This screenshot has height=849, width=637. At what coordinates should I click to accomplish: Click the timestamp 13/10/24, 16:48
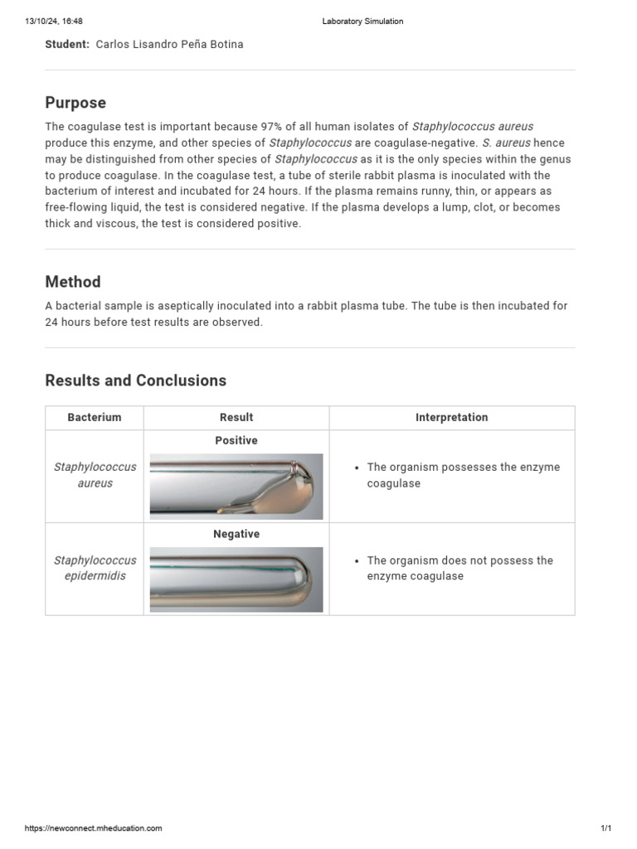pyautogui.click(x=54, y=22)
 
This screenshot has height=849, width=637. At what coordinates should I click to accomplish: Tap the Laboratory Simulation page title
pyautogui.click(x=362, y=22)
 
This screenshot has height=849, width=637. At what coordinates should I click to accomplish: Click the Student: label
pyautogui.click(x=67, y=45)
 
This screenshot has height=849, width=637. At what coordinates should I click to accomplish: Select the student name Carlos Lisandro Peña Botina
pyautogui.click(x=170, y=45)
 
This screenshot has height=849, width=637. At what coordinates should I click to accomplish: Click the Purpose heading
pyautogui.click(x=75, y=103)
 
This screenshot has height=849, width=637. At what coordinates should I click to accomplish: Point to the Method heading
pyautogui.click(x=73, y=282)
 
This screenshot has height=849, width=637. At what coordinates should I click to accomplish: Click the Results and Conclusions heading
pyautogui.click(x=135, y=381)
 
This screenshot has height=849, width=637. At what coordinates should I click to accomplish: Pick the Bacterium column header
pyautogui.click(x=95, y=418)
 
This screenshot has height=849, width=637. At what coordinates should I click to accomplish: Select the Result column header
pyautogui.click(x=236, y=418)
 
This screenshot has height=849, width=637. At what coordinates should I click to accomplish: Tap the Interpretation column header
pyautogui.click(x=451, y=418)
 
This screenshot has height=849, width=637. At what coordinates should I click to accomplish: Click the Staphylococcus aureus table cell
pyautogui.click(x=95, y=475)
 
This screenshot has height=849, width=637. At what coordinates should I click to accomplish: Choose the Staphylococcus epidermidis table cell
pyautogui.click(x=95, y=568)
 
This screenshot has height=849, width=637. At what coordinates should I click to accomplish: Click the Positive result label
pyautogui.click(x=236, y=440)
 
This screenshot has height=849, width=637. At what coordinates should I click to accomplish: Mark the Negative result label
pyautogui.click(x=236, y=534)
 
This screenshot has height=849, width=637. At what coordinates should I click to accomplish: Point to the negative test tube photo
pyautogui.click(x=236, y=579)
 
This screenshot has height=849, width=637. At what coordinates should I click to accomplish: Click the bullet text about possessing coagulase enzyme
pyautogui.click(x=462, y=475)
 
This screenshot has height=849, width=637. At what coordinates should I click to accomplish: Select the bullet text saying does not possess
pyautogui.click(x=459, y=568)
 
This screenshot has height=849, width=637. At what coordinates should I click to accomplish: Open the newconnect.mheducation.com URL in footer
pyautogui.click(x=94, y=828)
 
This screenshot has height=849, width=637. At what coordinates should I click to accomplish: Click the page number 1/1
pyautogui.click(x=605, y=828)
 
